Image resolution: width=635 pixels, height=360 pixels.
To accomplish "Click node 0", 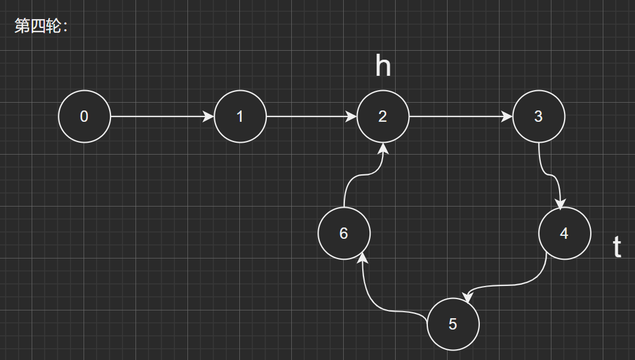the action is pyautogui.click(x=84, y=116).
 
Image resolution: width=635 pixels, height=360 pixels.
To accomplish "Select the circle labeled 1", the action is pyautogui.click(x=240, y=116).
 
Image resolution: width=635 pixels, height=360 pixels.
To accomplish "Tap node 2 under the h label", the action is pyautogui.click(x=383, y=116).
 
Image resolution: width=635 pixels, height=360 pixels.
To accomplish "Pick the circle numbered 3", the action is pyautogui.click(x=538, y=116).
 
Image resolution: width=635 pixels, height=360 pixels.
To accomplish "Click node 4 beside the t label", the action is pyautogui.click(x=565, y=233).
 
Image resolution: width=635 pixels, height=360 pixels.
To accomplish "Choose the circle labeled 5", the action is pyautogui.click(x=453, y=324).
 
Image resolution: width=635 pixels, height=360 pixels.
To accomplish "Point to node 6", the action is pyautogui.click(x=344, y=233).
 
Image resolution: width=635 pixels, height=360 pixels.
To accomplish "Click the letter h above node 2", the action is pyautogui.click(x=383, y=66).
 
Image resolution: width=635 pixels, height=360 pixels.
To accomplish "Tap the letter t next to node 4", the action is pyautogui.click(x=617, y=247).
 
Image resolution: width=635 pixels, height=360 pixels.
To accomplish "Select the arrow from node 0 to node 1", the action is pyautogui.click(x=161, y=116).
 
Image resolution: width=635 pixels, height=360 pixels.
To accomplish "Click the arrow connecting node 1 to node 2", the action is pyautogui.click(x=310, y=116).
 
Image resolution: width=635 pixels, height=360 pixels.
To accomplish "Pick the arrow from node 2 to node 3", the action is pyautogui.click(x=460, y=116).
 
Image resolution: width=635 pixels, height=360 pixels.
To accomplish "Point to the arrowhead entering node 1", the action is pyautogui.click(x=209, y=116).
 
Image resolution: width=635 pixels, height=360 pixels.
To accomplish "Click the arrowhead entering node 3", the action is pyautogui.click(x=507, y=116).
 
